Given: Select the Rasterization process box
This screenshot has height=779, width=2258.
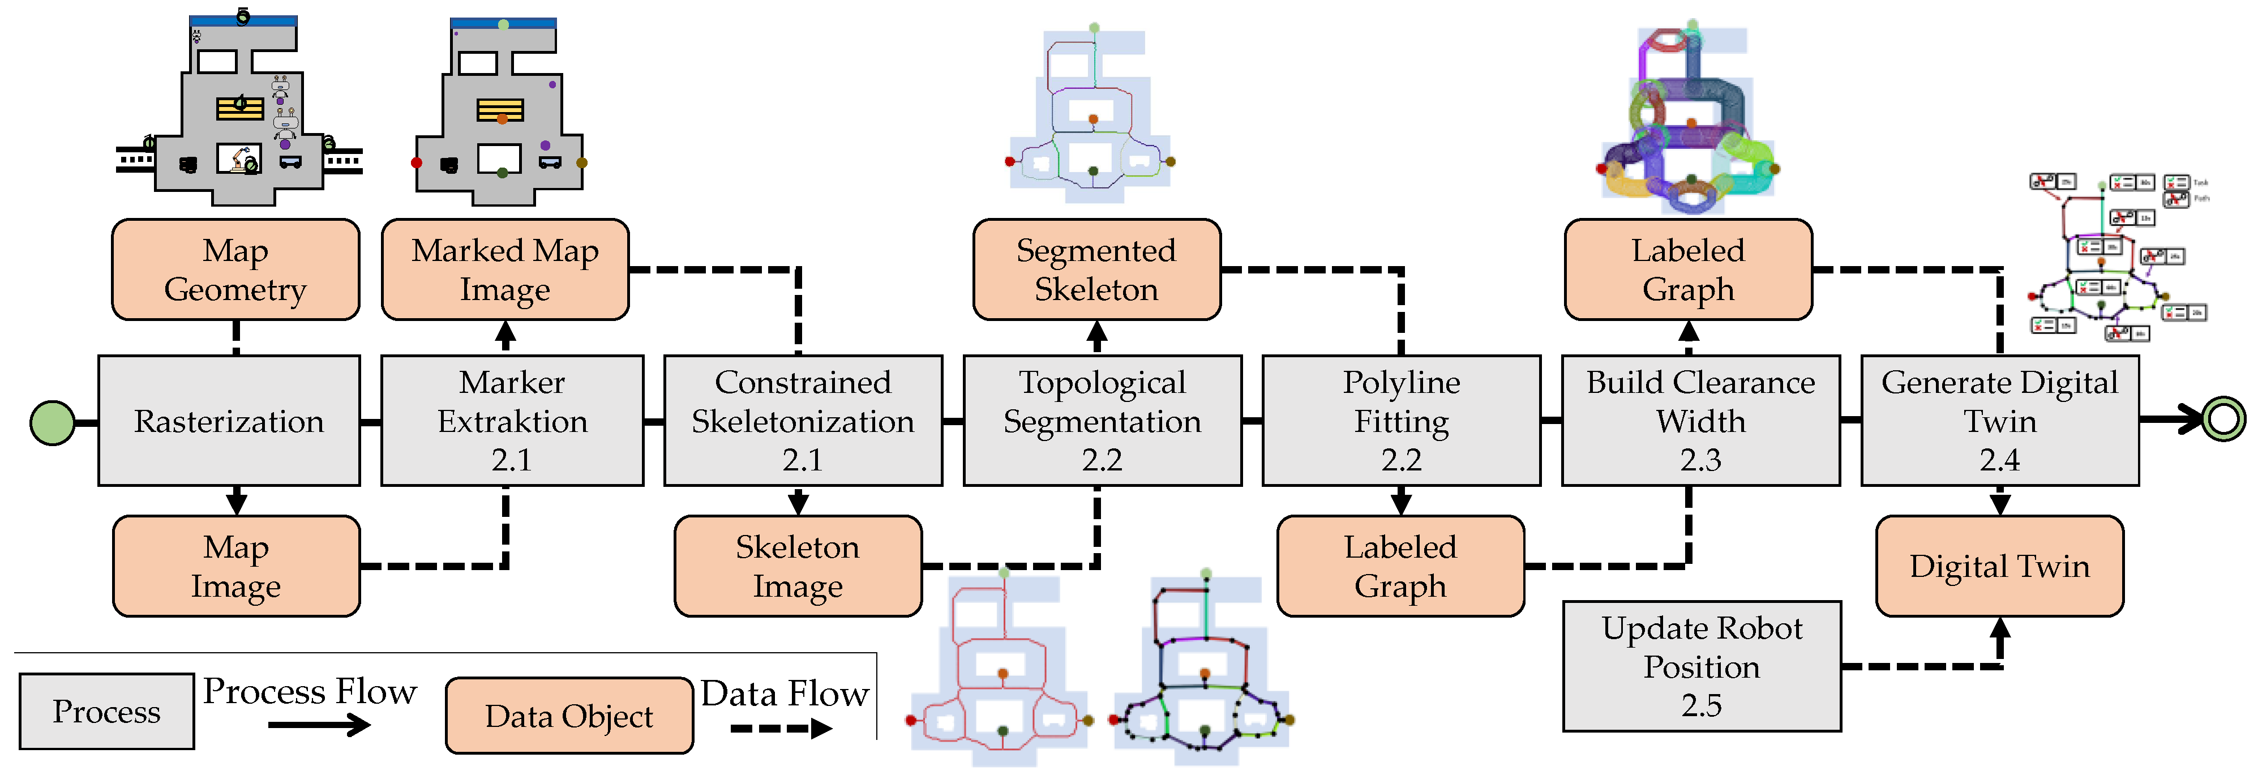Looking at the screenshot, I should point(229,421).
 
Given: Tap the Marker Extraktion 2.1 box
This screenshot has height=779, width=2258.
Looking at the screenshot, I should point(512,421).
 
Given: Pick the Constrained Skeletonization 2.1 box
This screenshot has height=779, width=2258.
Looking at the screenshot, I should point(802,421).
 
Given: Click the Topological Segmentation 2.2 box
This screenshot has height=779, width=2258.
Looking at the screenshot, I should point(1102,421).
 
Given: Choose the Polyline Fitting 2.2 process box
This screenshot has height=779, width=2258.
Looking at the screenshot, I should point(1401,421).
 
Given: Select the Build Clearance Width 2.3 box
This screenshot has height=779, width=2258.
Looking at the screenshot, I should point(1700,421).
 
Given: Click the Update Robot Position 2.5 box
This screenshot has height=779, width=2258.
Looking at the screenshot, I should point(1702,666).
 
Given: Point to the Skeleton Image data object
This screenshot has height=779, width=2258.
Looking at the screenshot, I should point(798,566).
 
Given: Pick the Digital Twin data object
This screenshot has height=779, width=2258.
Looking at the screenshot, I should point(1999,566).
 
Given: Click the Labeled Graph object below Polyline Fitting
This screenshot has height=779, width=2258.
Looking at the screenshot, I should point(1400,566).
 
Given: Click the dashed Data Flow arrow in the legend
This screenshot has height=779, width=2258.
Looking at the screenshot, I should point(780,728).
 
